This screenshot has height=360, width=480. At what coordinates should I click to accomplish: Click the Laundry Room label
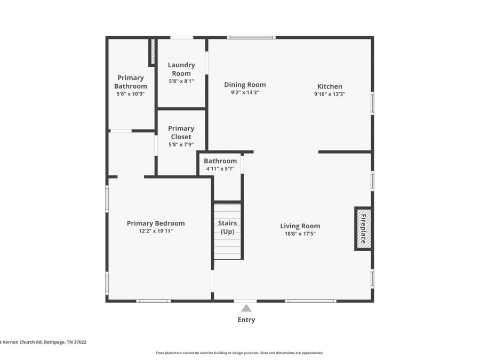(x=181, y=69)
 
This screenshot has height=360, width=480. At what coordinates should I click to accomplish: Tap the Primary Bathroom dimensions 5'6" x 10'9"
(x=131, y=94)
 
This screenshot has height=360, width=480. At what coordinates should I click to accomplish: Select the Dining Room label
(x=245, y=85)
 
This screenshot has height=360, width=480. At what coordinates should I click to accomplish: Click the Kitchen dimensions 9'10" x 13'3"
(x=330, y=94)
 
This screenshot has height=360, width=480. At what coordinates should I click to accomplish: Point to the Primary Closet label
(x=181, y=133)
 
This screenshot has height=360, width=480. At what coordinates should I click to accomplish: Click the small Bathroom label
(x=220, y=161)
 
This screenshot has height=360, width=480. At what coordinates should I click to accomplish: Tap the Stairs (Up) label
(x=227, y=227)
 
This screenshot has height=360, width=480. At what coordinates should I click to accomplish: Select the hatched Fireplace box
(x=364, y=229)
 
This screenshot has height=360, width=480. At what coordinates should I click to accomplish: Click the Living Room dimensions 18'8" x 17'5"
(x=300, y=234)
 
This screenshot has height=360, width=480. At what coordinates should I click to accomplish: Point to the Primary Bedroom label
(x=156, y=223)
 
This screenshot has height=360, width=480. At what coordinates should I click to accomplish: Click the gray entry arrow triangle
(x=246, y=308)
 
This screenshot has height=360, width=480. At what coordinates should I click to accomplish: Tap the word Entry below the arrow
(x=246, y=320)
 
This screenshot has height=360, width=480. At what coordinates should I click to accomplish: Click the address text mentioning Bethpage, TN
(x=43, y=342)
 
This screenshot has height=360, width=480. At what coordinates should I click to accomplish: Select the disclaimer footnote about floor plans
(x=239, y=353)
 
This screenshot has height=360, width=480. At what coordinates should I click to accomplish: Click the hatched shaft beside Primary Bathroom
(x=153, y=51)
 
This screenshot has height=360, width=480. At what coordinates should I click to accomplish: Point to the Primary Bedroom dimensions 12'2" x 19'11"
(x=156, y=231)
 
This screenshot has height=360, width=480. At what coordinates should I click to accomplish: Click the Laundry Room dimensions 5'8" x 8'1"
(x=181, y=82)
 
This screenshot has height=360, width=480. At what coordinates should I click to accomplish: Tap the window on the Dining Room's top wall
(x=251, y=38)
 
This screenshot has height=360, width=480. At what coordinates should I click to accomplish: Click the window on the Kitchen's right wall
(x=373, y=103)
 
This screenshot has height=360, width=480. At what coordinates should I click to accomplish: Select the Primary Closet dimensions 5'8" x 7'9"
(x=181, y=145)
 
